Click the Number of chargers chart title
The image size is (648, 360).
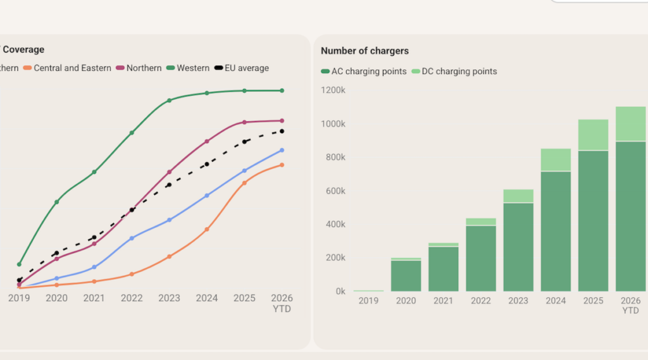click(x=364, y=51)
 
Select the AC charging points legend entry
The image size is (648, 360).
click(x=364, y=71)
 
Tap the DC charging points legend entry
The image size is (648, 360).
click(x=454, y=71)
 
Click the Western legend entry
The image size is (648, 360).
click(x=188, y=68)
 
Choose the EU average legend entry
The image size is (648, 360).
click(x=242, y=68)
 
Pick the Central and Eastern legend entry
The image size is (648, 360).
click(x=67, y=68)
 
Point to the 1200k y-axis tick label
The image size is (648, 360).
click(x=333, y=90)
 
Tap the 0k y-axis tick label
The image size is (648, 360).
click(x=340, y=292)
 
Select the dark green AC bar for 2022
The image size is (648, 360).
click(x=481, y=258)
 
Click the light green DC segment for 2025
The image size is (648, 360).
click(x=593, y=135)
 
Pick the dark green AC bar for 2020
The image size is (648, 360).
click(x=406, y=276)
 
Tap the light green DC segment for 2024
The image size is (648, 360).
click(x=556, y=159)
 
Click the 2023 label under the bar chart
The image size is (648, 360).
click(x=518, y=301)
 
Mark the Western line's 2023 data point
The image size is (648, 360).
click(x=170, y=101)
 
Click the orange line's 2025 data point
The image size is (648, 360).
click(x=244, y=183)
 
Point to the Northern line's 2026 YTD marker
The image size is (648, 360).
click(x=282, y=121)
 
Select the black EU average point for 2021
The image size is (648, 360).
click(x=94, y=238)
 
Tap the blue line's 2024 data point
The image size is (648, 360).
click(x=207, y=196)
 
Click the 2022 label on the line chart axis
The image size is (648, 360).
click(x=132, y=298)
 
